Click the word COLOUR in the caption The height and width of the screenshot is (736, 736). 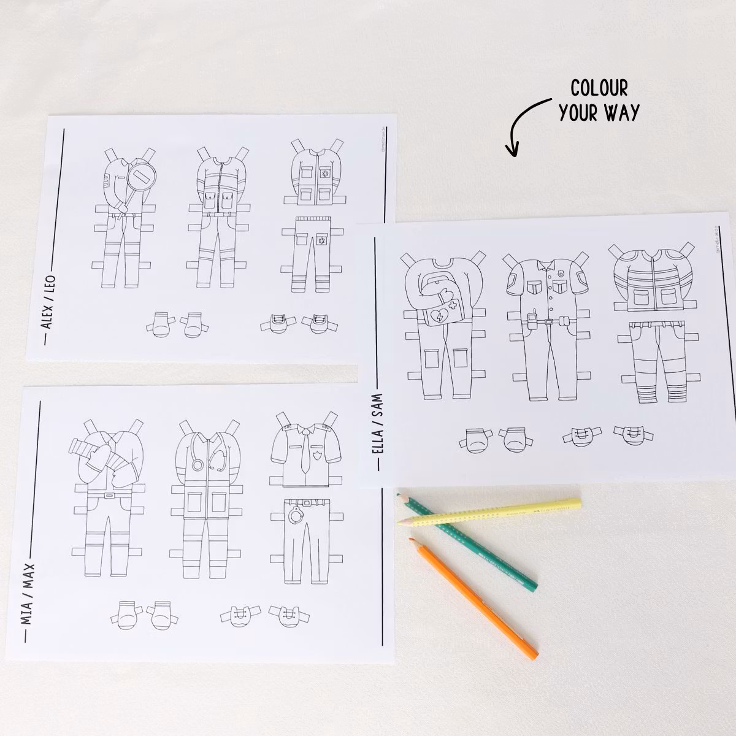coord(599,88)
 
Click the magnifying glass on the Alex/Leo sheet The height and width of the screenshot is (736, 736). coord(142,178)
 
